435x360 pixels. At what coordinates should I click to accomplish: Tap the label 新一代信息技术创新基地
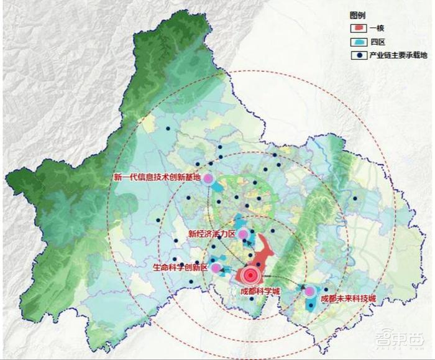pos(157,177)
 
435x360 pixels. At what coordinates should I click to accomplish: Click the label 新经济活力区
pos(212,234)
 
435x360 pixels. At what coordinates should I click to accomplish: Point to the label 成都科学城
pos(259,290)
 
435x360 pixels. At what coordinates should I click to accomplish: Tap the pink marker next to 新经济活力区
pos(243,234)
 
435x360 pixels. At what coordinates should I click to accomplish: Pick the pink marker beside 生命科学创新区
pos(216,269)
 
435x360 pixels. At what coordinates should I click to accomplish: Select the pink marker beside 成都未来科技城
pos(309,291)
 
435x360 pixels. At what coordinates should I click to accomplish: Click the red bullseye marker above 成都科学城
pos(252,275)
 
